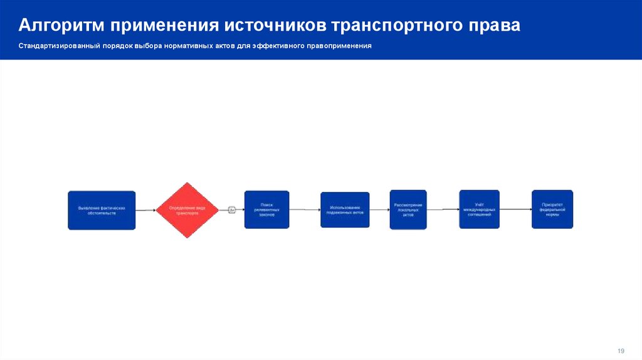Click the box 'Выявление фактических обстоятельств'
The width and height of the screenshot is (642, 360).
click(x=102, y=209)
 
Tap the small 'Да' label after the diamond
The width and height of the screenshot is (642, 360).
click(x=231, y=209)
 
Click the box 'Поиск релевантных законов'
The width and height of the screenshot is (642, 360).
click(x=266, y=209)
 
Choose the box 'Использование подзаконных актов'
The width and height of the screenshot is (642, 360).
click(x=345, y=209)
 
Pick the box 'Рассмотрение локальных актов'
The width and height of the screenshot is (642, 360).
click(x=408, y=209)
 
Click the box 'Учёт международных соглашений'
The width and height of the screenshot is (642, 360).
click(x=479, y=209)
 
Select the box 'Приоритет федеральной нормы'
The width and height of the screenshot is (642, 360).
click(x=552, y=209)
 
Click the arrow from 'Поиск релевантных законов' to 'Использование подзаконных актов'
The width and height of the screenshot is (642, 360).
click(x=305, y=209)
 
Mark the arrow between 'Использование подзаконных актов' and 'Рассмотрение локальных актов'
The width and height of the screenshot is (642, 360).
click(x=379, y=209)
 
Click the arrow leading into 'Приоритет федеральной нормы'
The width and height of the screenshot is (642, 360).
click(x=515, y=209)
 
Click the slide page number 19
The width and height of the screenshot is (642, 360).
click(x=622, y=350)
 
